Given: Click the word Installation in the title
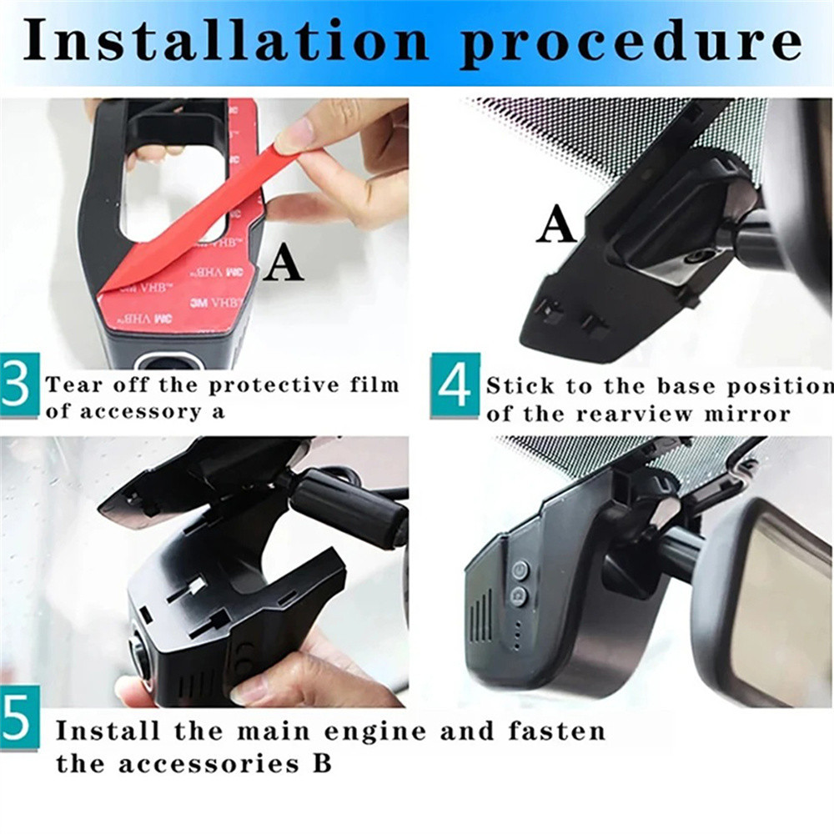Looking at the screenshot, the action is click(x=225, y=42).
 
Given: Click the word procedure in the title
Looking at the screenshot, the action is click(x=631, y=46).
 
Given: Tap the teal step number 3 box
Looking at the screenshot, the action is click(x=19, y=384).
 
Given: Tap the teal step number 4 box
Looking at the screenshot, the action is click(x=455, y=385).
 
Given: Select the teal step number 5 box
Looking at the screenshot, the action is click(x=19, y=717).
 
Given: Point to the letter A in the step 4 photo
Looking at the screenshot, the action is click(x=556, y=224).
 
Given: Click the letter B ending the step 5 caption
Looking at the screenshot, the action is click(x=322, y=763).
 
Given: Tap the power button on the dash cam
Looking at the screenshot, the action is click(x=520, y=570).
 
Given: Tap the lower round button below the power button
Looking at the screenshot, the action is click(x=519, y=595).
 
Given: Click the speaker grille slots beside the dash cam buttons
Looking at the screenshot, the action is click(x=481, y=616).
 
